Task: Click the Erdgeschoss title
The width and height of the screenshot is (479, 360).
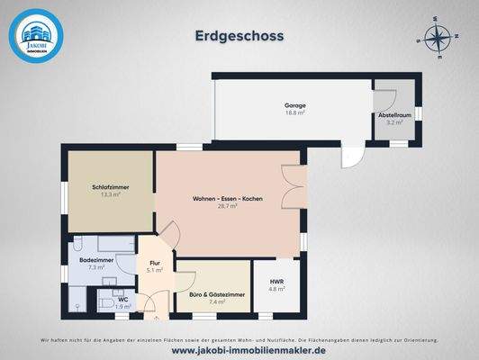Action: (239, 36)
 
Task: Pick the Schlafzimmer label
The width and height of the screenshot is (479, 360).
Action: (108, 187)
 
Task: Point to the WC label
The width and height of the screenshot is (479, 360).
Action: (122, 299)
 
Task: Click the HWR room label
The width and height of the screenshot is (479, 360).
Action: (277, 283)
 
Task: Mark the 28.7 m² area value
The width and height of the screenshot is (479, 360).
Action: (227, 206)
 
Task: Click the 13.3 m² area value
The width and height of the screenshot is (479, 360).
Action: (108, 194)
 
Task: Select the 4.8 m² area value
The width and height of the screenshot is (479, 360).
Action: (277, 290)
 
